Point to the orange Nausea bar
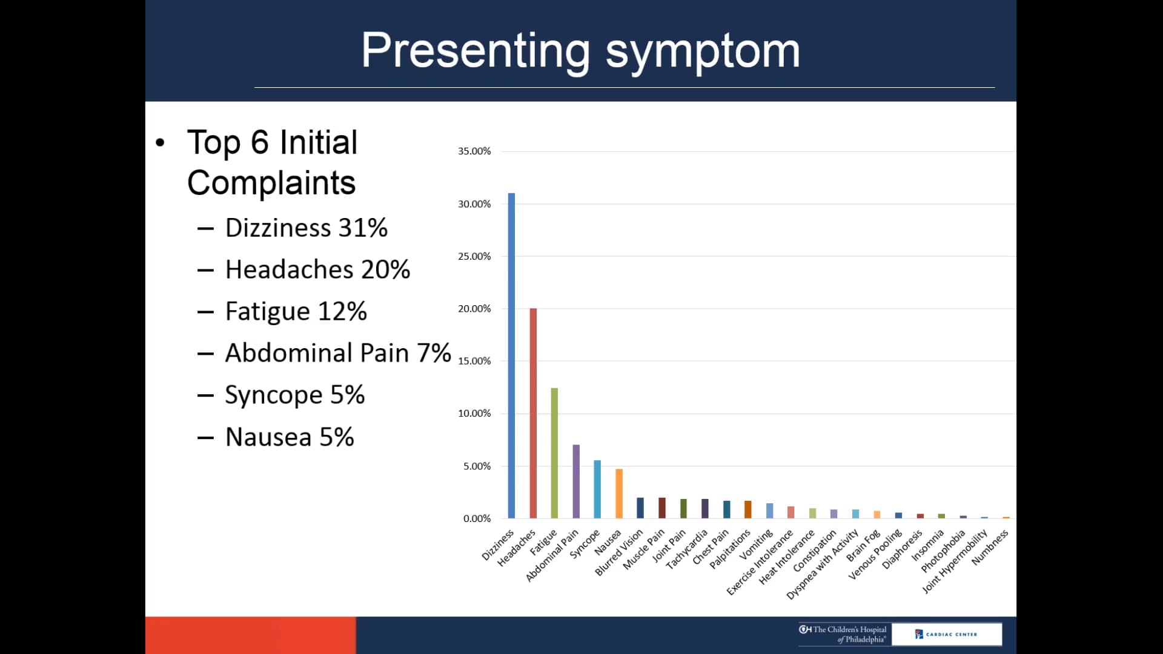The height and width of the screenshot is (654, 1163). tap(619, 494)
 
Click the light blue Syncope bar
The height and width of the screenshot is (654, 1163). tap(597, 489)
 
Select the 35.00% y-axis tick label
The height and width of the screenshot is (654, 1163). tap(474, 151)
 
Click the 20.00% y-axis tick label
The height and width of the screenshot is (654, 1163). tap(474, 309)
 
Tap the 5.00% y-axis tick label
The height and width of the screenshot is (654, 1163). tap(477, 466)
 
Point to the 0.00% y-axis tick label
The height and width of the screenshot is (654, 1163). tap(477, 519)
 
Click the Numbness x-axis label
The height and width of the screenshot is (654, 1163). tap(990, 547)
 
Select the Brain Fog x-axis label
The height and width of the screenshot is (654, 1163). tap(863, 546)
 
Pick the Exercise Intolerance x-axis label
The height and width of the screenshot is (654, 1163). tap(760, 563)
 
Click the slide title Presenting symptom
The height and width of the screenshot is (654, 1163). tap(580, 50)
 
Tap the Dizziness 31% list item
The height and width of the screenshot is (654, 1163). tap(306, 228)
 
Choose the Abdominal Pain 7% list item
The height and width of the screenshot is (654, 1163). tap(337, 353)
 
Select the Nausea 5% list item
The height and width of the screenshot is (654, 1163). tap(289, 437)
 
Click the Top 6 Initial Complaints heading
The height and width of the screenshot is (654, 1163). tap(272, 162)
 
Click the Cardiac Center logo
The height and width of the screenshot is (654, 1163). tap(946, 634)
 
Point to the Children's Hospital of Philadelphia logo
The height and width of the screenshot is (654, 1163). tap(843, 634)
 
